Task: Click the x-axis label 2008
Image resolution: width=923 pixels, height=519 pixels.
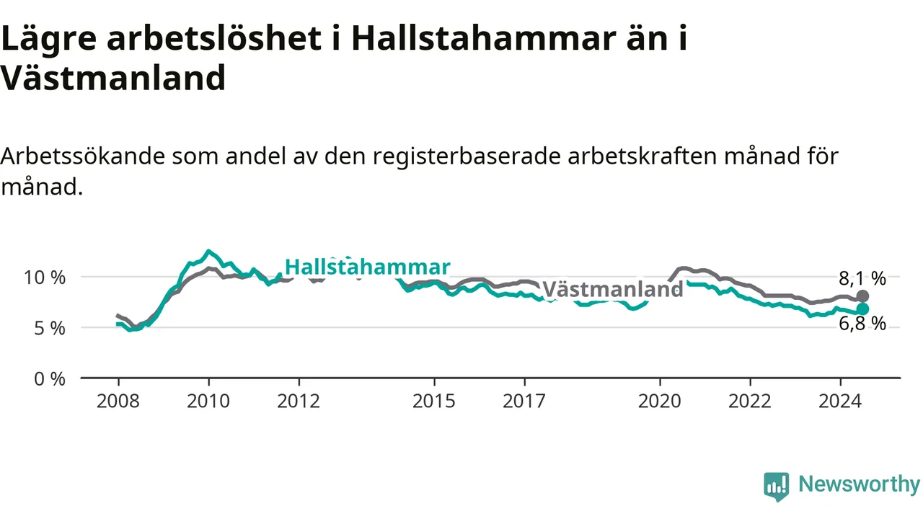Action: [x=118, y=402]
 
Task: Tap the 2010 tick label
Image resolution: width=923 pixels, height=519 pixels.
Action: [x=208, y=402]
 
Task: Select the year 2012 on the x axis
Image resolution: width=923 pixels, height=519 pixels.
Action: [x=299, y=402]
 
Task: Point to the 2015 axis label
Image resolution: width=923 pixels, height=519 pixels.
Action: [x=434, y=402]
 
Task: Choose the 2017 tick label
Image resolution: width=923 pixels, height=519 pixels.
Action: [x=524, y=402]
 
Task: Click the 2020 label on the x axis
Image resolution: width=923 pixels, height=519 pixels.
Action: [x=660, y=402]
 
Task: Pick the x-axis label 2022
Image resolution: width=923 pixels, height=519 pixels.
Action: [x=750, y=402]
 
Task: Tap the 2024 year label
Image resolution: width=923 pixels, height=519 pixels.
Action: [x=840, y=402]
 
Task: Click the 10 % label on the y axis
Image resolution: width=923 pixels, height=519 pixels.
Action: [x=45, y=278]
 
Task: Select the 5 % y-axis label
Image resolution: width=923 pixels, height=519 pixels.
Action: [x=50, y=329]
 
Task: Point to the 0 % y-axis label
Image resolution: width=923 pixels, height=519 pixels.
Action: [x=50, y=379]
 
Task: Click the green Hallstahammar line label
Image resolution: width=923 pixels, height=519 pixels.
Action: [x=368, y=267]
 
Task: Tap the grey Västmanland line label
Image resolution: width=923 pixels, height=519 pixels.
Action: [x=613, y=289]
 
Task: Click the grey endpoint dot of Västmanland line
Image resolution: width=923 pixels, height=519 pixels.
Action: [x=862, y=296]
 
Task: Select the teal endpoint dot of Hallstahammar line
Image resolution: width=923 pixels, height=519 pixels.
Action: [x=862, y=309]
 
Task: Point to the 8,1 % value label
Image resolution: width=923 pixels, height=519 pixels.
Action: [x=862, y=279]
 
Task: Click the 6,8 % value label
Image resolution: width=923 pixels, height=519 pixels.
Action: [x=862, y=324]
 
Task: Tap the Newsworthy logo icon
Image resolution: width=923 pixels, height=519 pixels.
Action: [x=777, y=486]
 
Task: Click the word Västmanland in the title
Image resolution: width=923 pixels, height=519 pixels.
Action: [x=113, y=77]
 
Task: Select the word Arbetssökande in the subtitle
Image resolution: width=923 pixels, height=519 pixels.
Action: [x=82, y=157]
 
